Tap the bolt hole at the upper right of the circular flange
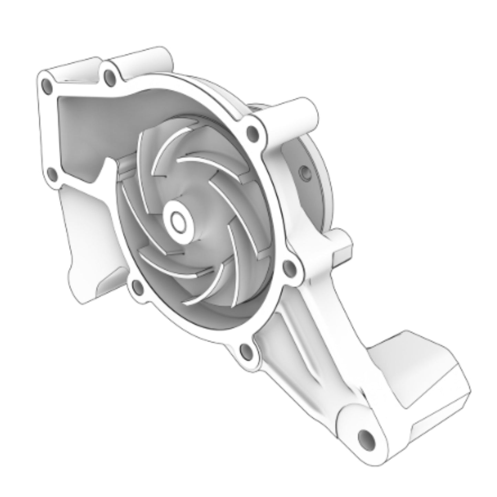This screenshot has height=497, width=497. (x=253, y=131)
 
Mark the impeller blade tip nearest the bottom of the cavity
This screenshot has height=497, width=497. (x=187, y=303)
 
